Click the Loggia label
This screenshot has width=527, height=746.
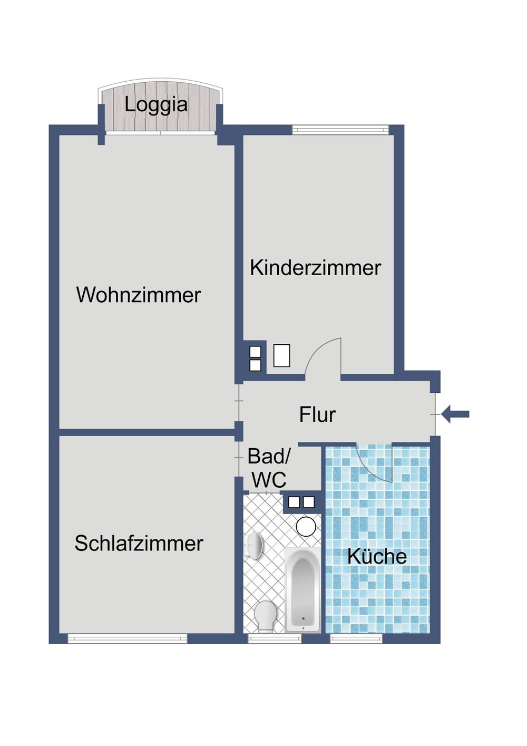pyautogui.click(x=156, y=104)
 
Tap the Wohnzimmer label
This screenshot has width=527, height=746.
pyautogui.click(x=139, y=295)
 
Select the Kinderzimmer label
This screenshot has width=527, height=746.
pyautogui.click(x=315, y=268)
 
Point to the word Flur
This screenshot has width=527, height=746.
pyautogui.click(x=317, y=414)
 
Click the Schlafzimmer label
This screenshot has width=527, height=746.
pyautogui.click(x=139, y=544)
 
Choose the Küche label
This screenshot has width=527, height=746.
pyautogui.click(x=377, y=556)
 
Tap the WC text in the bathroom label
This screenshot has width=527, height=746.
pyautogui.click(x=269, y=480)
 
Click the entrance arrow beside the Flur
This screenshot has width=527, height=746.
pyautogui.click(x=455, y=414)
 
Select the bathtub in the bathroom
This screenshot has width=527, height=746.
pyautogui.click(x=302, y=589)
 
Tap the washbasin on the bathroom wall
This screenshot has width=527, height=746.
pyautogui.click(x=255, y=545)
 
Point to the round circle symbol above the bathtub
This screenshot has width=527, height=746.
pyautogui.click(x=306, y=526)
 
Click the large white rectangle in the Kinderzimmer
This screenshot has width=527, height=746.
pyautogui.click(x=282, y=355)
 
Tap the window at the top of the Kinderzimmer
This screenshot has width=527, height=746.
pyautogui.click(x=340, y=129)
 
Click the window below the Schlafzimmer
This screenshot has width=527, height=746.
pyautogui.click(x=128, y=639)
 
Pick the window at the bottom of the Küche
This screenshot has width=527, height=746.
pyautogui.click(x=356, y=639)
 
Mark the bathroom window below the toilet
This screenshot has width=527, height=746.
pyautogui.click(x=275, y=639)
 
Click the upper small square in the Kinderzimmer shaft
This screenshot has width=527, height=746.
pyautogui.click(x=255, y=352)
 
